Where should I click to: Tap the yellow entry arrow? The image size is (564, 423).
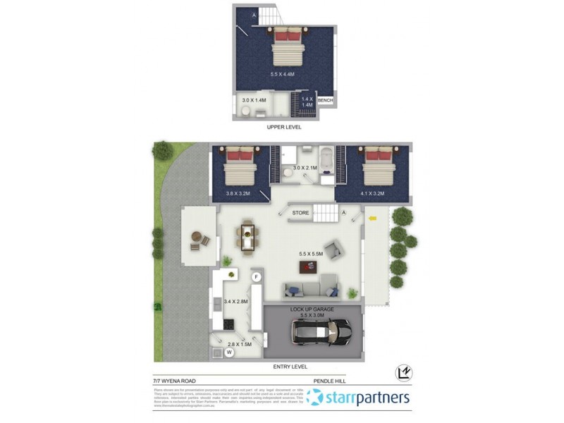373,218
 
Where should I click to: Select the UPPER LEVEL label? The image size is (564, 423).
284,128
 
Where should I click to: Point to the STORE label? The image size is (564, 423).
301,211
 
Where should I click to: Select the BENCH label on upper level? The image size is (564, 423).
325,101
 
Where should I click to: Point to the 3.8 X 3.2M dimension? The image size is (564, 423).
238,192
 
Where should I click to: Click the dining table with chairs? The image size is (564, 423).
247,237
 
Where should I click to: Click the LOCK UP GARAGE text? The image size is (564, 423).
312,309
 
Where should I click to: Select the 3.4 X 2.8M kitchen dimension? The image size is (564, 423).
235,302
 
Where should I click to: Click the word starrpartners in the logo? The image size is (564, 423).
367,398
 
